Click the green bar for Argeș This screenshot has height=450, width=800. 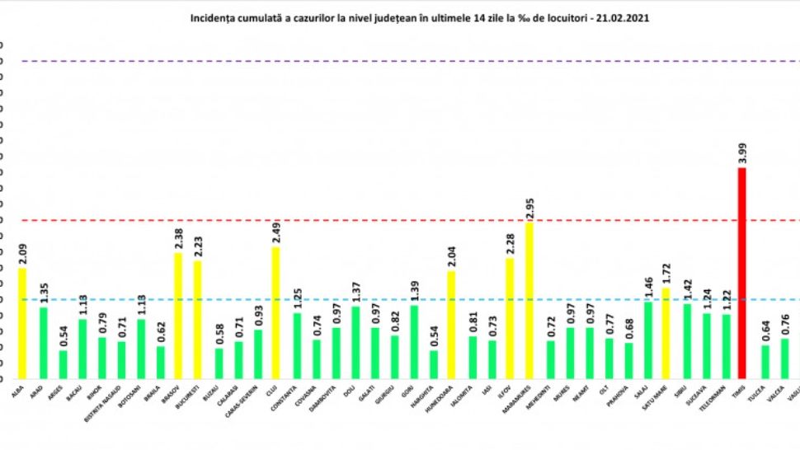tap(63, 363)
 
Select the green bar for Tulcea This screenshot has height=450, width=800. tap(765, 361)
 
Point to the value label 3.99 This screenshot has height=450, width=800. tap(742, 156)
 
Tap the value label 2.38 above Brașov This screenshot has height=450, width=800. tap(177, 241)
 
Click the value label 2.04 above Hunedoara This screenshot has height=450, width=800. tap(451, 259)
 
